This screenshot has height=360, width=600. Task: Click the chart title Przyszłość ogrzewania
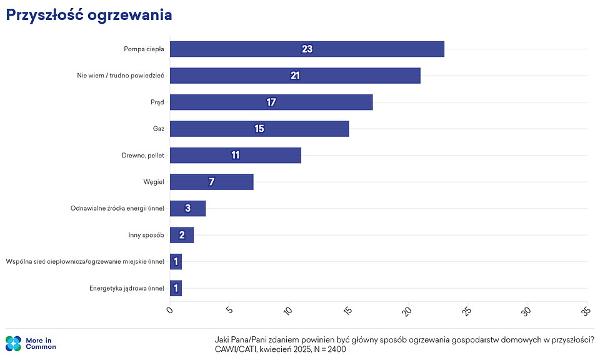[89, 16]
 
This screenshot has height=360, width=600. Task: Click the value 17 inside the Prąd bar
[271, 102]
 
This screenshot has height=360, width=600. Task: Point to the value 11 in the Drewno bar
[235, 155]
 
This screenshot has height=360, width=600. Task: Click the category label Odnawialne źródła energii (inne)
[117, 209]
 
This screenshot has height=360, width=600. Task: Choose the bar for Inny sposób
[181, 235]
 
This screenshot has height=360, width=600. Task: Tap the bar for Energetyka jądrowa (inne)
[176, 288]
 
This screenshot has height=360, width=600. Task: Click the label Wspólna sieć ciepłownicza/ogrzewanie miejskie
[85, 262]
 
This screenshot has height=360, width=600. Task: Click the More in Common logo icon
[14, 343]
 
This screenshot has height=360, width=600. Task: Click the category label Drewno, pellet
[142, 156]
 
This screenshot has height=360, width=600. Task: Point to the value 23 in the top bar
[306, 49]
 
